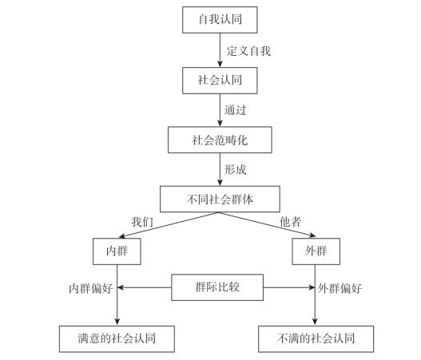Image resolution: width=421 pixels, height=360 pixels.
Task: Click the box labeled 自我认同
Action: coord(220,20)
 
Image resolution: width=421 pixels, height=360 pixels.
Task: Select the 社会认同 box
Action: coord(220,81)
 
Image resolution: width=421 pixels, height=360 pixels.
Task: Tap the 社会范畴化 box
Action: coord(220,140)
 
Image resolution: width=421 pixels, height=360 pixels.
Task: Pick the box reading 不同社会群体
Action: coord(220,199)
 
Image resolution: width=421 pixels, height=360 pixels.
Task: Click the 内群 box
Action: coord(117,251)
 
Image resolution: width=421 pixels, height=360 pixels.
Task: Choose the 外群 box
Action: coord(316,251)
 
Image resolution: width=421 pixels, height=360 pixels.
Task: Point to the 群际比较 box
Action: coord(217,287)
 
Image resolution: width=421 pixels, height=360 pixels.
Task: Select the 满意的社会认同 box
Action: coord(117,339)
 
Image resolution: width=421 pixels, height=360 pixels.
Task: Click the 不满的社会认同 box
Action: coord(316,339)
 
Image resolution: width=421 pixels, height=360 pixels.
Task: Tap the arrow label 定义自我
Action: coord(248,51)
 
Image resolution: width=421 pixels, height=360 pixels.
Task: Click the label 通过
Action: coord(236,110)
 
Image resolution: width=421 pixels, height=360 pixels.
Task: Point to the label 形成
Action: coord(236,169)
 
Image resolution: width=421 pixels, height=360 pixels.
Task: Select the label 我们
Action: coord(142,222)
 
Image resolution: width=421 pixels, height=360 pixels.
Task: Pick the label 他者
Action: coord(291,222)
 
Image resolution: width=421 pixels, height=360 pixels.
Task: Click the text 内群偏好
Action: coord(91,289)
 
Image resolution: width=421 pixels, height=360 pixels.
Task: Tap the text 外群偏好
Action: coord(340,289)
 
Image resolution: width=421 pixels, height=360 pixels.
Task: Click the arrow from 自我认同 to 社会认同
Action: coord(220,50)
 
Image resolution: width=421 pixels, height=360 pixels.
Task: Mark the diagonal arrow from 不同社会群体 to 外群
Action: coord(268,224)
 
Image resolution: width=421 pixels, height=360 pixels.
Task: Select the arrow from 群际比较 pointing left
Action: coord(145,287)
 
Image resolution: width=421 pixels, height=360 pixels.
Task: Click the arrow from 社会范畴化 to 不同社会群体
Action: coord(220,169)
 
